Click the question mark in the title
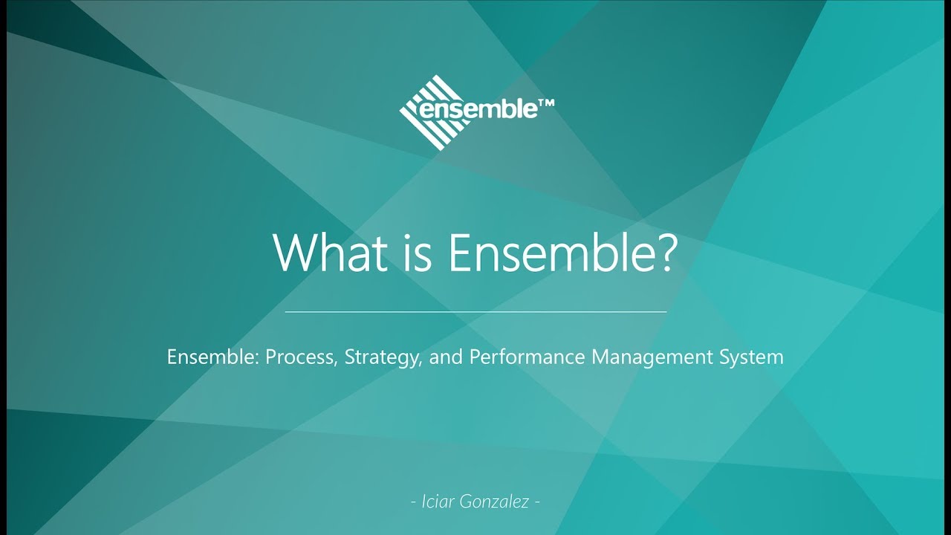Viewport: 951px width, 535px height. (x=663, y=253)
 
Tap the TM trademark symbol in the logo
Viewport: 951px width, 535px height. (x=545, y=106)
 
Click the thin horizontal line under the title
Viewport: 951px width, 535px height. (x=475, y=312)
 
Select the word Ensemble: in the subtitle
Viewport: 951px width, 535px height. (x=210, y=357)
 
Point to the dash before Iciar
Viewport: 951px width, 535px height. (x=414, y=502)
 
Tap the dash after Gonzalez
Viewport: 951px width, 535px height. (x=537, y=502)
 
